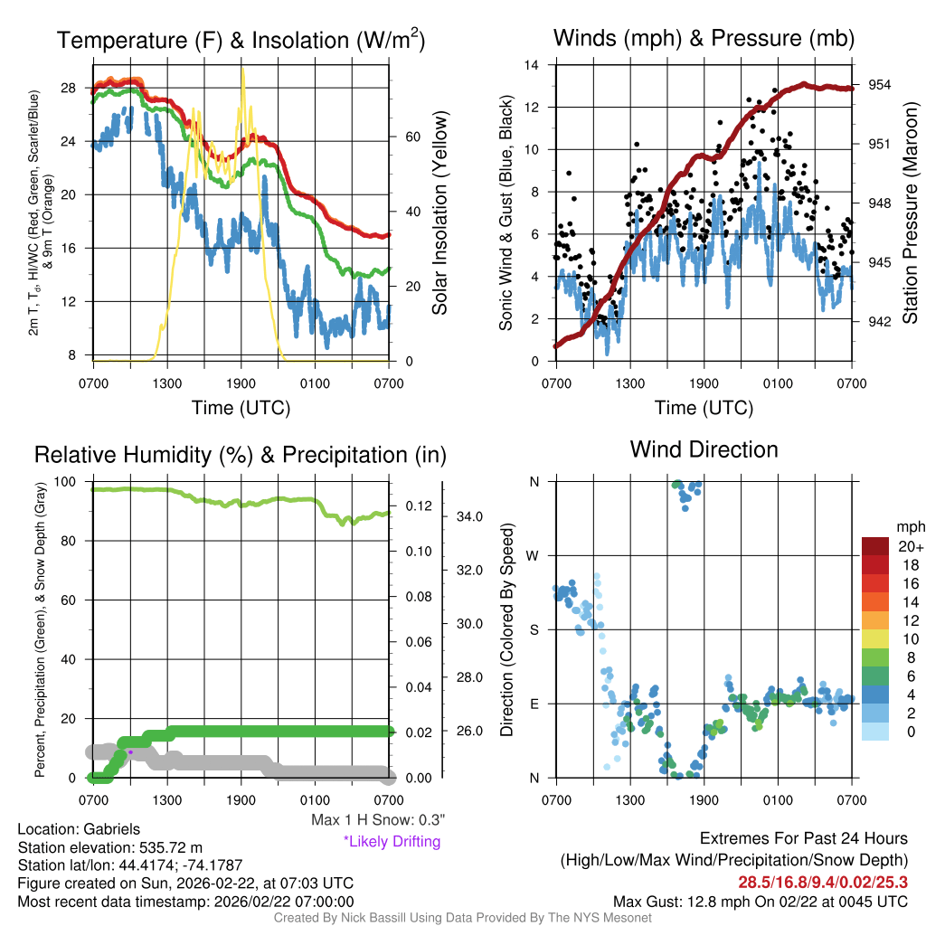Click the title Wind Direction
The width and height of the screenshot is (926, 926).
click(704, 449)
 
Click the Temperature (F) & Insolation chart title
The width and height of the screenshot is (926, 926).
click(241, 41)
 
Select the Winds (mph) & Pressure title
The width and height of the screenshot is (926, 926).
click(704, 38)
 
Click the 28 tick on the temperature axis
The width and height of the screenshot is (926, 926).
click(78, 89)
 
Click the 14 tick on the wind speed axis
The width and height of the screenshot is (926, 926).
click(534, 65)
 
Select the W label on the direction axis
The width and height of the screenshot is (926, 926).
click(534, 555)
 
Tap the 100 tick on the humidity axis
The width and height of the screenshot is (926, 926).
click(71, 482)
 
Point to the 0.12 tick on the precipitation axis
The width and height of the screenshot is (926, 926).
click(410, 506)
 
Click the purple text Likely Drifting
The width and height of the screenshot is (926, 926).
click(392, 842)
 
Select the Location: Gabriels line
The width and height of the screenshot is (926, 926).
click(79, 829)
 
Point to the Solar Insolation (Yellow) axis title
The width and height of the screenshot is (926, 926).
click(440, 213)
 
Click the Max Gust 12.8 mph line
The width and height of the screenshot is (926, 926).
click(760, 901)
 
